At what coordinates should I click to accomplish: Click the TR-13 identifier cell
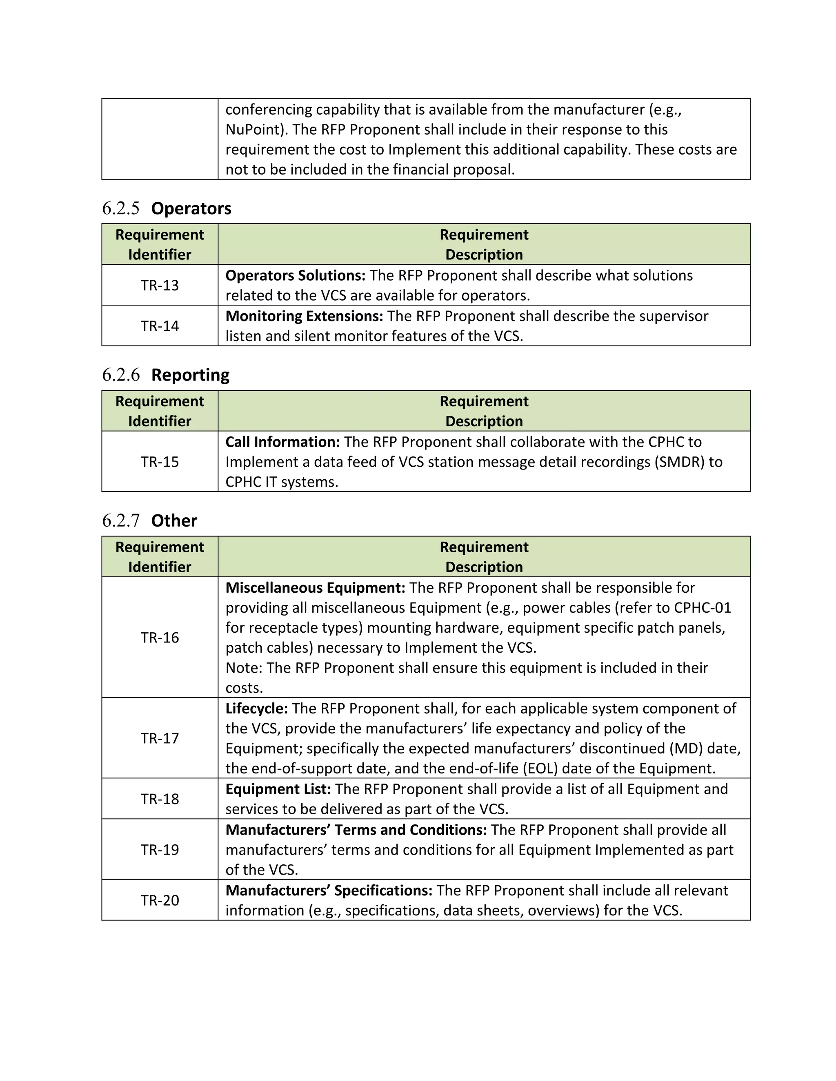(x=160, y=285)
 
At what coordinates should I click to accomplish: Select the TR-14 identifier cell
(x=160, y=326)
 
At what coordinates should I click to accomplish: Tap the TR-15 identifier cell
(x=160, y=462)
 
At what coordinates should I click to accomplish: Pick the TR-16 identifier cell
(x=160, y=638)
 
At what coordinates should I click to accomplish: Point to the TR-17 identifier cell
(x=160, y=738)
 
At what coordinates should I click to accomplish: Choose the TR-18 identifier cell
(x=160, y=799)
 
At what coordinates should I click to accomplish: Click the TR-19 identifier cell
(x=160, y=849)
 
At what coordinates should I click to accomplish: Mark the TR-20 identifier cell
(x=160, y=900)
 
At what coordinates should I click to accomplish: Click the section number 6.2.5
(x=121, y=208)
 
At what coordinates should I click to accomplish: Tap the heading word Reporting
(x=190, y=375)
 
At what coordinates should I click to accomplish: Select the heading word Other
(x=174, y=521)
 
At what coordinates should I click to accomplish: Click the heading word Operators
(x=191, y=208)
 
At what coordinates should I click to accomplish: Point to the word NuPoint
(x=253, y=130)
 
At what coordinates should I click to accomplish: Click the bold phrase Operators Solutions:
(x=295, y=275)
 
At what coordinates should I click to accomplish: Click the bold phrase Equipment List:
(x=278, y=789)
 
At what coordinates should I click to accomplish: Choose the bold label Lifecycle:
(x=256, y=708)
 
